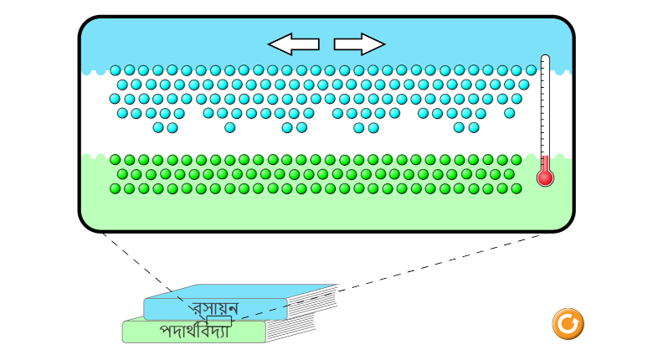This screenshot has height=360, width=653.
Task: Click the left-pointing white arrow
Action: pyautogui.click(x=292, y=44)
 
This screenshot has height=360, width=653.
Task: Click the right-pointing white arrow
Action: pyautogui.click(x=359, y=44)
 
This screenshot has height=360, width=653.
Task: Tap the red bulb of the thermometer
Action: pyautogui.click(x=545, y=177)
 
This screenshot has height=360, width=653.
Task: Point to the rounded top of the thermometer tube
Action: pyautogui.click(x=545, y=59)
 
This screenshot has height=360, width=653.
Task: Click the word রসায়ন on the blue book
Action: pyautogui.click(x=214, y=308)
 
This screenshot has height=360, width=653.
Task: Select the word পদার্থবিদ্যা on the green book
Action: pyautogui.click(x=194, y=332)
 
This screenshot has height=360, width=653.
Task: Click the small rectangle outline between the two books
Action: pyautogui.click(x=219, y=321)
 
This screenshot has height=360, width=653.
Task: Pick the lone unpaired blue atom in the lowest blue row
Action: pyautogui.click(x=229, y=128)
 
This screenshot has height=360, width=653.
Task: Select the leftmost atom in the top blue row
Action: pyautogui.click(x=116, y=70)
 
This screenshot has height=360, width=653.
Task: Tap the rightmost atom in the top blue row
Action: pyautogui.click(x=531, y=70)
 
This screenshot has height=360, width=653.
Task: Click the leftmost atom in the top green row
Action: pyautogui.click(x=116, y=160)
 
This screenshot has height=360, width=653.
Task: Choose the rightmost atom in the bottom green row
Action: pyautogui.click(x=517, y=188)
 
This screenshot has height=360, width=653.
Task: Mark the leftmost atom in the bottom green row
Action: pyautogui.click(x=116, y=188)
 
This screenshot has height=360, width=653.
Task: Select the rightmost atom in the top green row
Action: pyautogui.click(x=517, y=160)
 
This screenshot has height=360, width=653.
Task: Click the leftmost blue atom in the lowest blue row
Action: pyautogui.click(x=158, y=128)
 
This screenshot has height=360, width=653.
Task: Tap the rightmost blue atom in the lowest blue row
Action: pyautogui.click(x=474, y=128)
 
